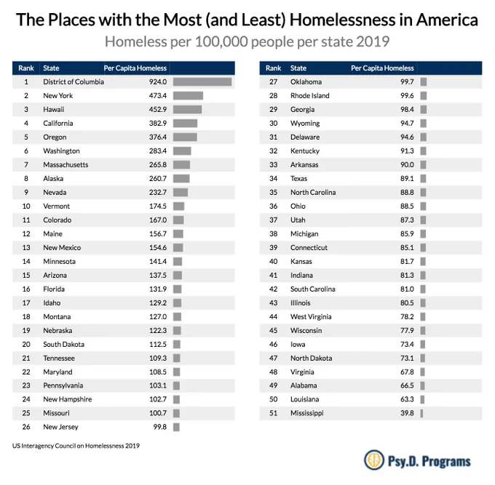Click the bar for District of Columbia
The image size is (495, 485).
click(x=202, y=82)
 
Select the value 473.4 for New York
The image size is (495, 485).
click(x=158, y=95)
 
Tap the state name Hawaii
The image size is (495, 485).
click(x=54, y=109)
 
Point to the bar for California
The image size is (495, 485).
click(x=185, y=124)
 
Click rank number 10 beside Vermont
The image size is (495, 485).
click(x=26, y=207)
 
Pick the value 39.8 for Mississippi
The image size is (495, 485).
click(x=407, y=413)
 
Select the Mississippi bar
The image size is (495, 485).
click(x=421, y=413)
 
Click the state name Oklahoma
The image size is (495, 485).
click(x=306, y=82)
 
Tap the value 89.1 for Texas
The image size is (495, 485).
click(x=407, y=178)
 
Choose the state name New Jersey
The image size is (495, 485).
click(x=60, y=427)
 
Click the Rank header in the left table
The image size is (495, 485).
click(x=26, y=68)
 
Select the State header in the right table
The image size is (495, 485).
click(x=298, y=68)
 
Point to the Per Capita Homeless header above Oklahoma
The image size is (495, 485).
click(x=382, y=68)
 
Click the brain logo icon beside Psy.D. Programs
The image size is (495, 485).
click(x=374, y=460)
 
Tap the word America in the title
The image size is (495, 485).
click(x=447, y=20)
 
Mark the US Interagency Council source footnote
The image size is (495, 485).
click(x=76, y=446)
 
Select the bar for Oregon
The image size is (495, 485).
click(x=185, y=137)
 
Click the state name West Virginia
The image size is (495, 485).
click(x=311, y=316)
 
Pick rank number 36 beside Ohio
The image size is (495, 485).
click(x=274, y=207)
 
